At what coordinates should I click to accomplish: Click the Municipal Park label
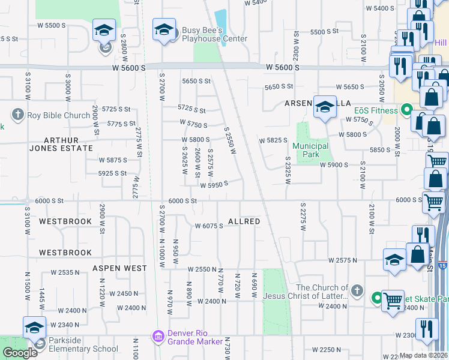click(x=310, y=150)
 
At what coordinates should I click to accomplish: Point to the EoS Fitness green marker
click(x=406, y=110)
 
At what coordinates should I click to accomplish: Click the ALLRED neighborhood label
click(x=244, y=221)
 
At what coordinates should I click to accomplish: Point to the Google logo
click(x=19, y=353)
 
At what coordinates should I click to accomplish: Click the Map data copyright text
click(x=423, y=355)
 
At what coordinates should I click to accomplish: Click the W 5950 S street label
click(x=214, y=185)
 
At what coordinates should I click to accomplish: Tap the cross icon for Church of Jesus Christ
click(x=357, y=291)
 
